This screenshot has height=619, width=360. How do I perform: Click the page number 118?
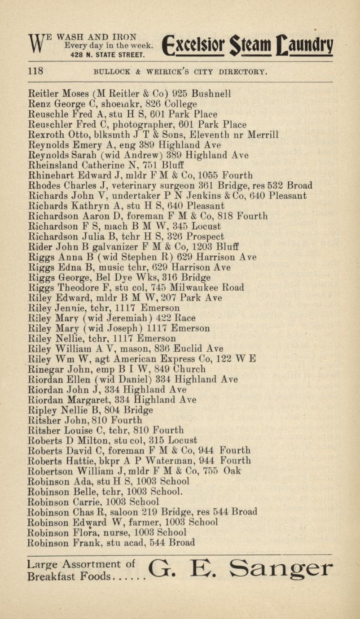(x=35, y=71)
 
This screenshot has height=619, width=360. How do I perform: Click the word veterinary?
(x=132, y=185)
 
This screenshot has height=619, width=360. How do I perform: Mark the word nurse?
(x=118, y=532)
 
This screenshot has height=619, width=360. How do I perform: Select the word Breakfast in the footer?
(x=49, y=575)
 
